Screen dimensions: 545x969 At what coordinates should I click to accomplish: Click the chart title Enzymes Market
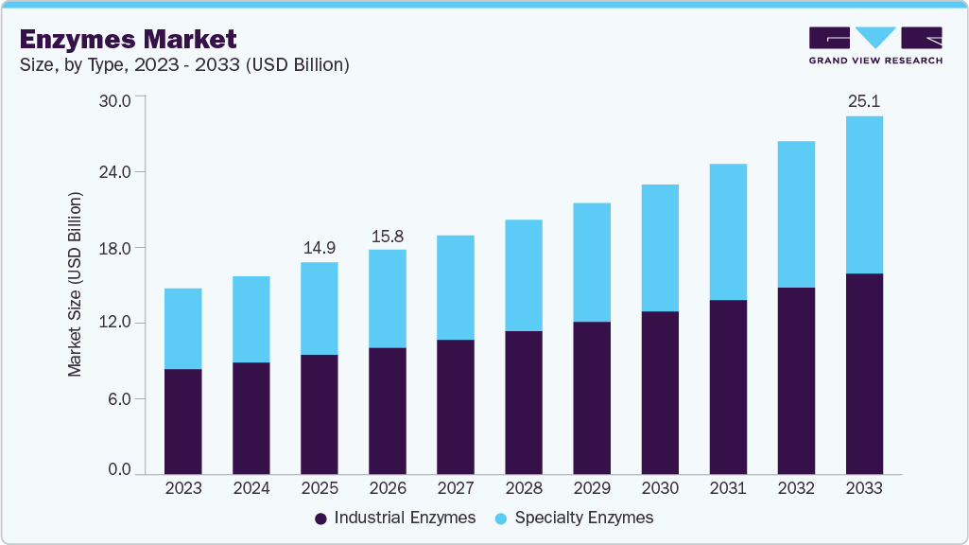pos(128,39)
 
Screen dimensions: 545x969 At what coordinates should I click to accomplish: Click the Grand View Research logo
pos(875,44)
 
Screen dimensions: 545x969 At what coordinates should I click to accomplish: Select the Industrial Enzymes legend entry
pos(397,518)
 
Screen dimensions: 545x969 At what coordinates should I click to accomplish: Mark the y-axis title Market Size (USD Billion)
pos(75,284)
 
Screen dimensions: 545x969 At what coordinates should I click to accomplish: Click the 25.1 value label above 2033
pos(864,100)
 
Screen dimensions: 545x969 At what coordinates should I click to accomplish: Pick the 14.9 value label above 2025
pos(320,247)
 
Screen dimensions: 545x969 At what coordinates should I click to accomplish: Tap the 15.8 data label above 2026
pos(388,234)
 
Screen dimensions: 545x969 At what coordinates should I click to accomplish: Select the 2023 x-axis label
pos(183,489)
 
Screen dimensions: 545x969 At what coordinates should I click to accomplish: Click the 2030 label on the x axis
pos(660,489)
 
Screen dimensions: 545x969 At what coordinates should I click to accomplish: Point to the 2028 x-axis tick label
pos(524,489)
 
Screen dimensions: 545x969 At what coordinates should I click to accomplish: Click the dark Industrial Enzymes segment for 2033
pos(864,374)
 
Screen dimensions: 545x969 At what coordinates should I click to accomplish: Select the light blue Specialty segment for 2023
pos(183,328)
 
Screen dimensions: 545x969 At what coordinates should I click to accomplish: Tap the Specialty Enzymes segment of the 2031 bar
pos(728,232)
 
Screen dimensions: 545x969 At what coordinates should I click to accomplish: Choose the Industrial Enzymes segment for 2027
pos(456,407)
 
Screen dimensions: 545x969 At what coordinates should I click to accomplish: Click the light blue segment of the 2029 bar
pos(592,262)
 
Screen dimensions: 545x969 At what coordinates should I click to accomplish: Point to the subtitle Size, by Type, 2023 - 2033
pos(185,64)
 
